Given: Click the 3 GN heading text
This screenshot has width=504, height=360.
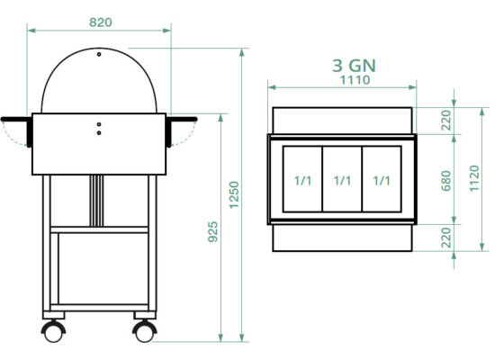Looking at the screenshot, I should coord(342,65).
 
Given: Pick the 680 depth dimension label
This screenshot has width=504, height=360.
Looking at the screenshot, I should coord(445,180).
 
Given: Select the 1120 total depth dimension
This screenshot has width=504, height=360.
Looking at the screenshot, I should coord(474,180).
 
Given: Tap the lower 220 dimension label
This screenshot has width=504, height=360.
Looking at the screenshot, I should coord(445,238).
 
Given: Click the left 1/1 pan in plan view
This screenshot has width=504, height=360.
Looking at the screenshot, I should coord(302,180).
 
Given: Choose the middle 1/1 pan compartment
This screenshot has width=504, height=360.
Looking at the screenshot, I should coord(342,180).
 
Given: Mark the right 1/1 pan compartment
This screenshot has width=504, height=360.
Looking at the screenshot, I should coord(381,180).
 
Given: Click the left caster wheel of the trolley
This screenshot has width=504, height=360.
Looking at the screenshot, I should coord(54,329).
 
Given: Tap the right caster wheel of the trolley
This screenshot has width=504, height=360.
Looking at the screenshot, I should coord(144,329).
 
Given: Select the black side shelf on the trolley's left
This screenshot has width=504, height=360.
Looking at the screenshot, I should coord(16,120).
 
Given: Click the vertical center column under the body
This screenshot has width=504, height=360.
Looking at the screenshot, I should coord(94,200).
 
